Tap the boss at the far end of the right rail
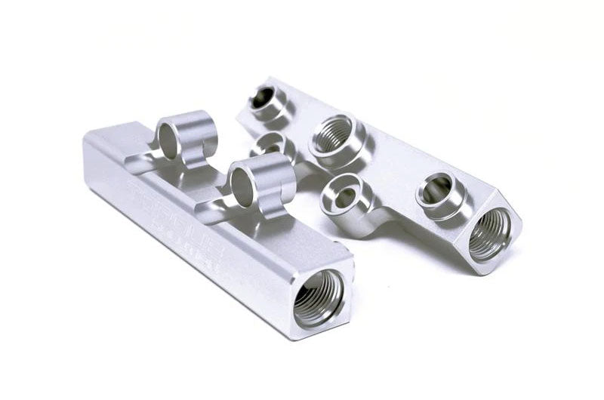266,99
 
